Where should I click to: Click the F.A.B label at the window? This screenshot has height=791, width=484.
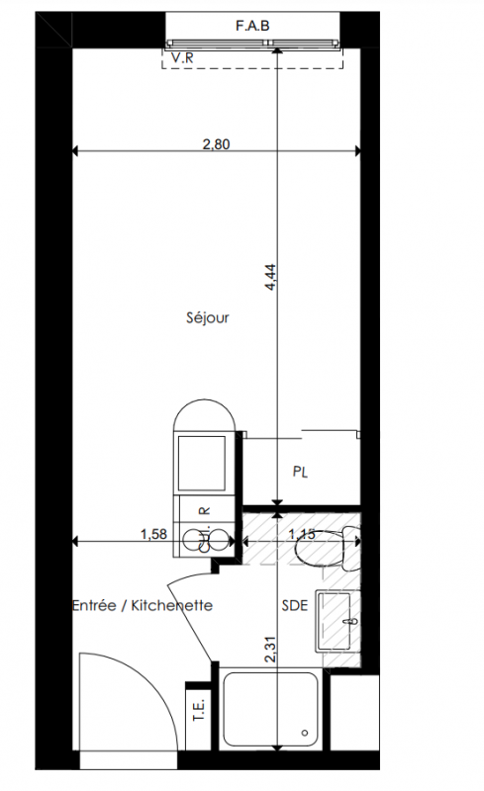point(252,26)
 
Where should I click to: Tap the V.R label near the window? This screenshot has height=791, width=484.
point(182,58)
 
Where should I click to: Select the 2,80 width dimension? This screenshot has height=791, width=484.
point(216,144)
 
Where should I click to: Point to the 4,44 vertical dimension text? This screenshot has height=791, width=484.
point(271,278)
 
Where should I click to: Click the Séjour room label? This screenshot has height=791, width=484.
point(208,317)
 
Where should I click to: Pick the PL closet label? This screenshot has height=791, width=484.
point(300,473)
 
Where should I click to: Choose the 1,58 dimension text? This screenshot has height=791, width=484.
point(153,534)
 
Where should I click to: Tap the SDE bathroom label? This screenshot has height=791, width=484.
point(295,605)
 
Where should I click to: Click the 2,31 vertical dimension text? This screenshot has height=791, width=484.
point(271,650)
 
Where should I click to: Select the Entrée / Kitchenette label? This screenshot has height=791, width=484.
point(143,605)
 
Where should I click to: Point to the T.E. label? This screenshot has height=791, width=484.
point(199,710)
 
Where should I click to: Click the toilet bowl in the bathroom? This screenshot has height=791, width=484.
point(328,548)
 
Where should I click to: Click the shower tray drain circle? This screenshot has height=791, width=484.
point(305,733)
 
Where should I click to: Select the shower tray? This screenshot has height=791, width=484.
point(271,708)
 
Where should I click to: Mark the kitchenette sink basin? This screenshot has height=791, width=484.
point(201,464)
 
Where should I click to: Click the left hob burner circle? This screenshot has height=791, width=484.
point(192,541)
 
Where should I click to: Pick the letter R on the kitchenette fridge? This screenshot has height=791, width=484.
point(205,511)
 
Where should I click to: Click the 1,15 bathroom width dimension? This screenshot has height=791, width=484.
point(302,534)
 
